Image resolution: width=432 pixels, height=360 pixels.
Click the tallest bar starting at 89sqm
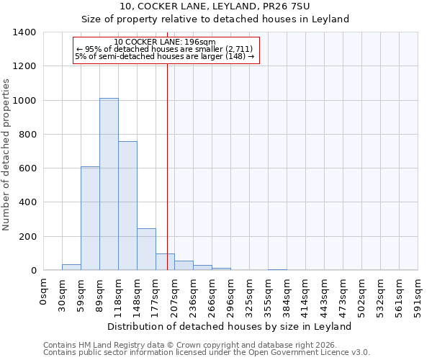(109, 184)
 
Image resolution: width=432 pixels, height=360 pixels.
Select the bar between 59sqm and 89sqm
(90, 218)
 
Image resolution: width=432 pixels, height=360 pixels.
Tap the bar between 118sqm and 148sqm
(127, 206)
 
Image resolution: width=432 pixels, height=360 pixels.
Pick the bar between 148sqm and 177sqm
(146, 249)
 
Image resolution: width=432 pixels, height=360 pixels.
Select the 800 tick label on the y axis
(27, 135)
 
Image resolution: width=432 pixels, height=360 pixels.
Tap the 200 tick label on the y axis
(27, 237)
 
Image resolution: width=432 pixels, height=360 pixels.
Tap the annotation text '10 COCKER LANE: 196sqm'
(165, 42)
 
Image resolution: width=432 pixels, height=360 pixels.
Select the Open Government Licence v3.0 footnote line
(207, 353)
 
